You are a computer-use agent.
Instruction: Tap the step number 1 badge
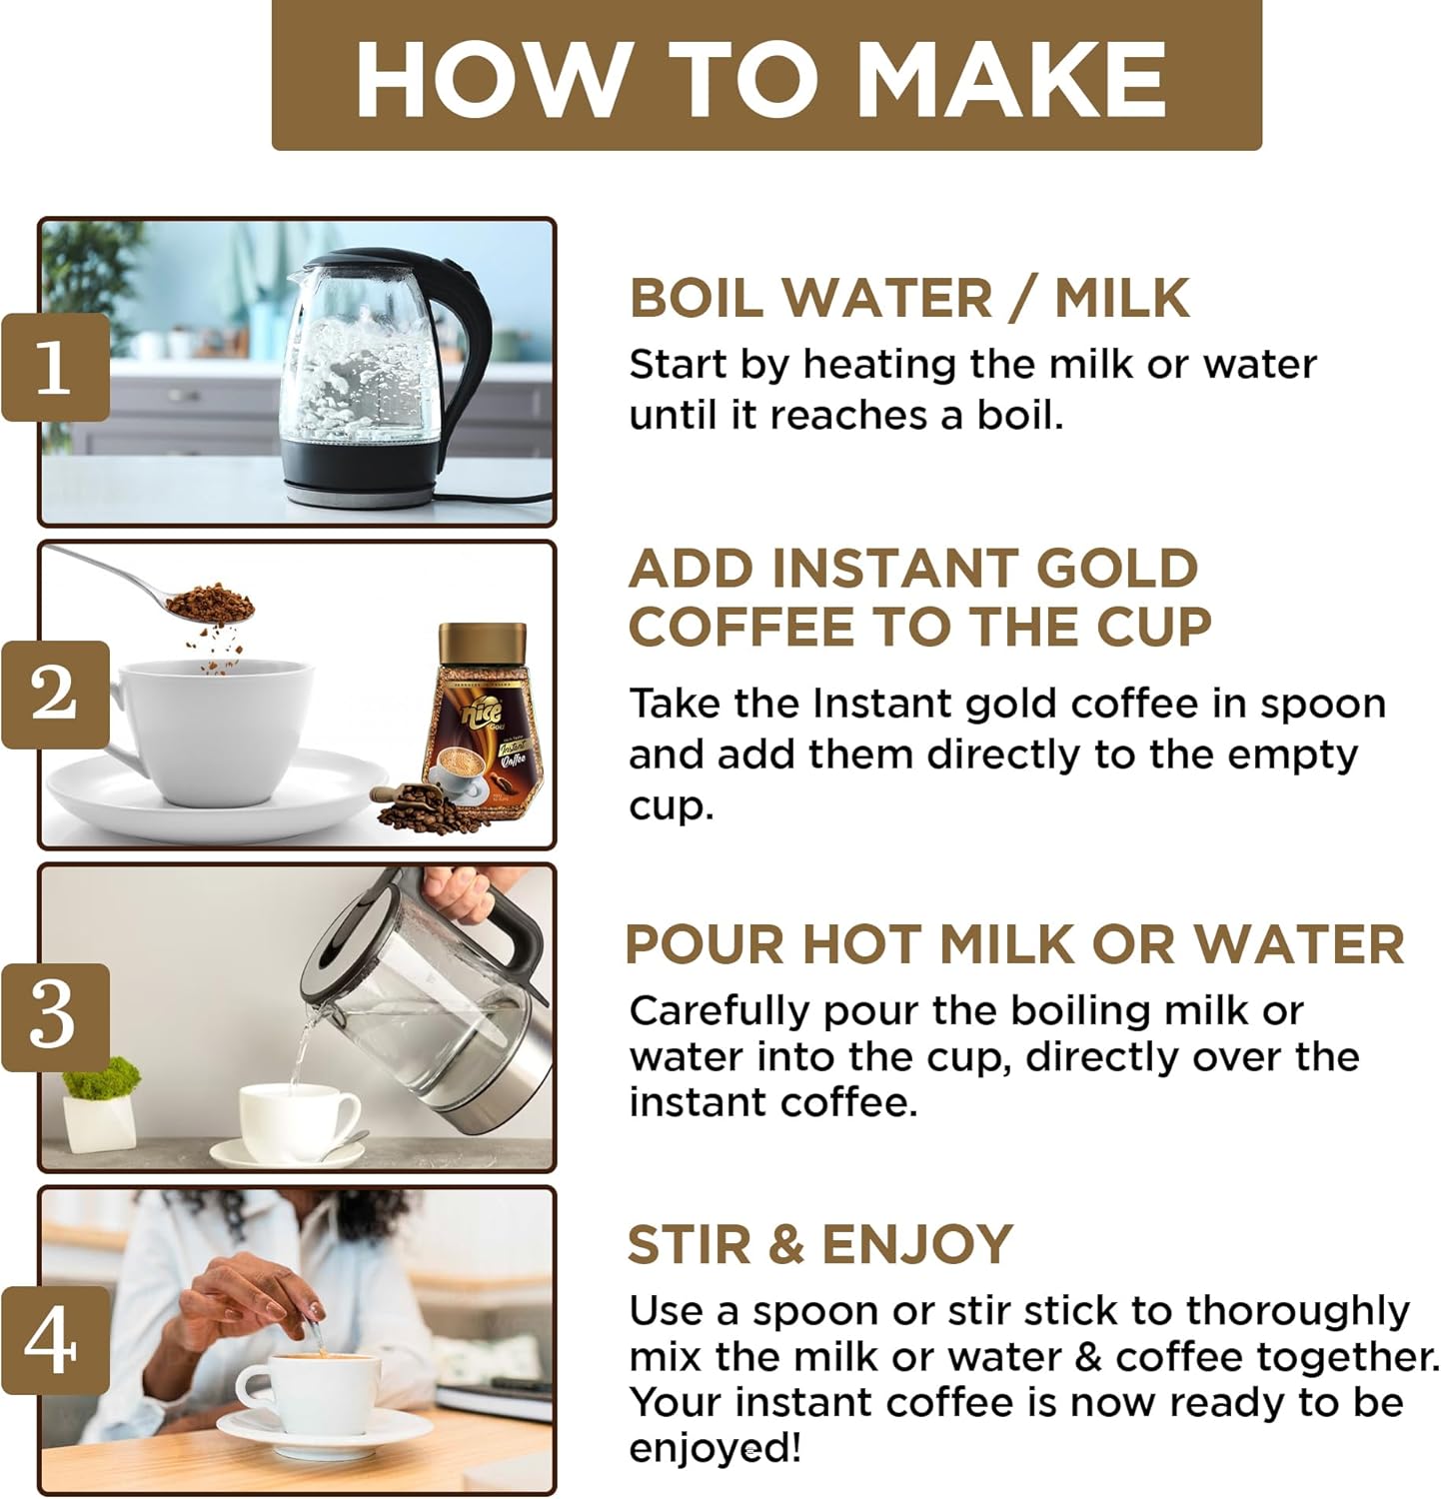[x=55, y=367]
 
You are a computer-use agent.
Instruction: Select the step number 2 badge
[x=55, y=694]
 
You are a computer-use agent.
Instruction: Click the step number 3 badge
[x=55, y=1017]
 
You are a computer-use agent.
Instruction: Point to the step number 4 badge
[x=55, y=1340]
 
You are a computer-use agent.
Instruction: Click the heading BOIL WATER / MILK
[x=910, y=298]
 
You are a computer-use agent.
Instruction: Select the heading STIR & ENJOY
[x=820, y=1244]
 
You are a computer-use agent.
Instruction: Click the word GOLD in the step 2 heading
[x=1117, y=569]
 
